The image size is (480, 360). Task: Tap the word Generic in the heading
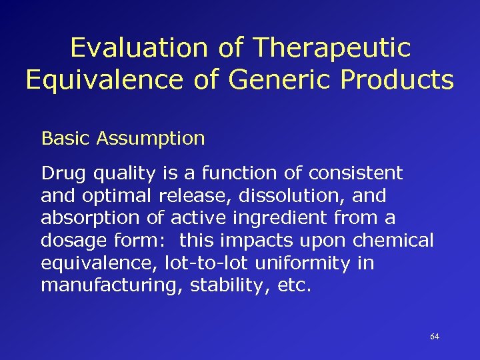[277, 79]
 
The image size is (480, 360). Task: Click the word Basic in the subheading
[66, 139]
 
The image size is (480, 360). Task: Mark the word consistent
[355, 173]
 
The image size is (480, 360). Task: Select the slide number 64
[435, 337]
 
